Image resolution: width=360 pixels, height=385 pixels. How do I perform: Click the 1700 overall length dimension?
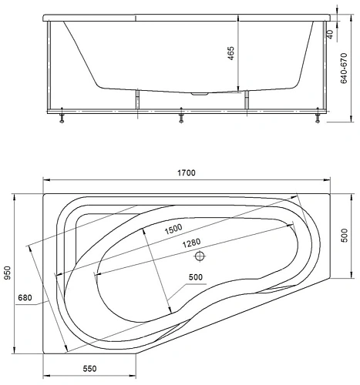click(187, 172)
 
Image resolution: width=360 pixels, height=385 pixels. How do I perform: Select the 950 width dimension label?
click(8, 273)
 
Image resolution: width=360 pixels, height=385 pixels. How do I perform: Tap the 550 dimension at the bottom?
click(89, 369)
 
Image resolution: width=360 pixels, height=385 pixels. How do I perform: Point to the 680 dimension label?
click(25, 298)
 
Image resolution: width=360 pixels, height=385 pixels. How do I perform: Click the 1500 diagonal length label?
click(173, 229)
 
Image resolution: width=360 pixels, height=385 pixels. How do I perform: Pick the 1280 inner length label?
click(191, 243)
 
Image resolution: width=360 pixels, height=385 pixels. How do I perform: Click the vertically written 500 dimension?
click(344, 236)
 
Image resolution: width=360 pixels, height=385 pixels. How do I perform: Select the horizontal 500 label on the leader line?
click(196, 277)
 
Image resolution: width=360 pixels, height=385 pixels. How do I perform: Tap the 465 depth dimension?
click(231, 53)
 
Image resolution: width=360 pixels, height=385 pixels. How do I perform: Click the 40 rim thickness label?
click(331, 34)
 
